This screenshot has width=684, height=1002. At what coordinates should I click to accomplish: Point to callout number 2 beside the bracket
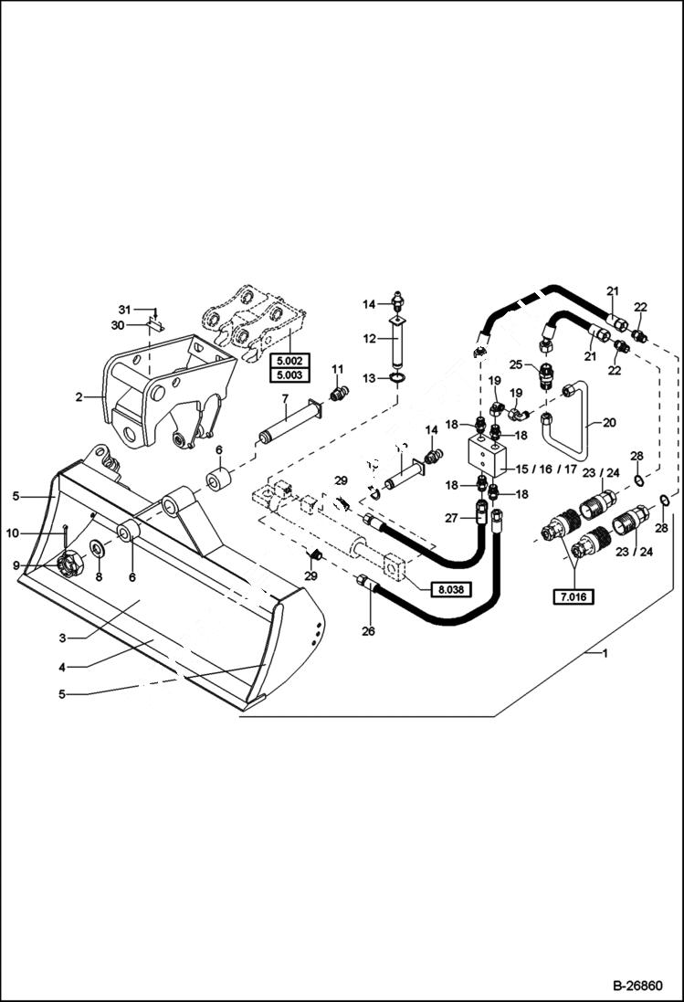tap(79, 397)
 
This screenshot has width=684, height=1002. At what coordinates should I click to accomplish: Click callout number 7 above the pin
tap(285, 398)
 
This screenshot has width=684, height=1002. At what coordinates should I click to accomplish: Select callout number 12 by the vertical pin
tap(370, 339)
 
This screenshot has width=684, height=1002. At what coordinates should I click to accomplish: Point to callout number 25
tap(516, 364)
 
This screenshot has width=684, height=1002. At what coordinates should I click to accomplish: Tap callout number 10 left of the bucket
tap(14, 533)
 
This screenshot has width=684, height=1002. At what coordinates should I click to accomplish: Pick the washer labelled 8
tap(97, 549)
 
